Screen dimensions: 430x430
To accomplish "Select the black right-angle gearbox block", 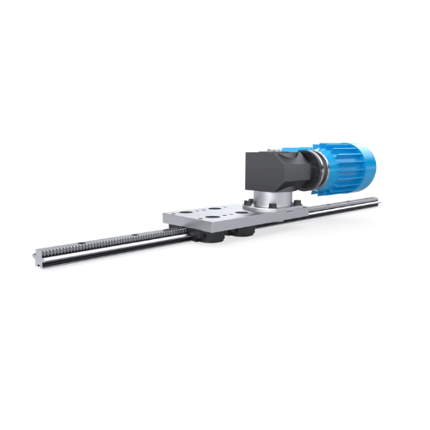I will [x=269, y=172].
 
